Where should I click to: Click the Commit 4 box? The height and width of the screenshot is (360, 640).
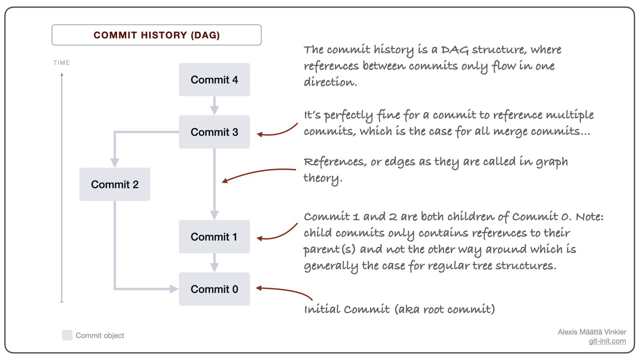pyautogui.click(x=214, y=80)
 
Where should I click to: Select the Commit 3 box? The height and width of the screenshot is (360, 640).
pyautogui.click(x=214, y=132)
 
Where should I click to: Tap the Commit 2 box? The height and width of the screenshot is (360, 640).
pyautogui.click(x=115, y=184)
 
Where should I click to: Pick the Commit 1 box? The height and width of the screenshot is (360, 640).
pyautogui.click(x=214, y=236)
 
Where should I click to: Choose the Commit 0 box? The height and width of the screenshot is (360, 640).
pyautogui.click(x=214, y=289)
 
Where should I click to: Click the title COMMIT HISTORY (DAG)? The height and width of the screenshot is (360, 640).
pyautogui.click(x=156, y=35)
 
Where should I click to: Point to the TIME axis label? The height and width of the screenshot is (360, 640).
pyautogui.click(x=62, y=62)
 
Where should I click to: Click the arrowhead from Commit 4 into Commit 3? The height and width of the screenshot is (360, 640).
pyautogui.click(x=214, y=110)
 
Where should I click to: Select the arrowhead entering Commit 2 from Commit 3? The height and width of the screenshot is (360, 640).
pyautogui.click(x=115, y=163)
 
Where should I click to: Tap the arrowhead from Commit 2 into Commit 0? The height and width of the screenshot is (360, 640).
pyautogui.click(x=174, y=289)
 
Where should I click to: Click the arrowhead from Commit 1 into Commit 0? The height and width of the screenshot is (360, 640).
pyautogui.click(x=214, y=268)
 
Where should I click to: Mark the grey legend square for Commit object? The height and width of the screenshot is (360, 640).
pyautogui.click(x=67, y=335)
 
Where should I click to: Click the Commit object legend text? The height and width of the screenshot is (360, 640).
pyautogui.click(x=100, y=336)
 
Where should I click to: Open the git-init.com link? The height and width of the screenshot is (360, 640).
pyautogui.click(x=607, y=341)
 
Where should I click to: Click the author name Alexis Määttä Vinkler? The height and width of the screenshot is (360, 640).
pyautogui.click(x=592, y=332)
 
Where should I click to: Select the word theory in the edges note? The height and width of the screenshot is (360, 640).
pyautogui.click(x=323, y=178)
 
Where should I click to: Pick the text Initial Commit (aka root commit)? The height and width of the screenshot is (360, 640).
pyautogui.click(x=400, y=310)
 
